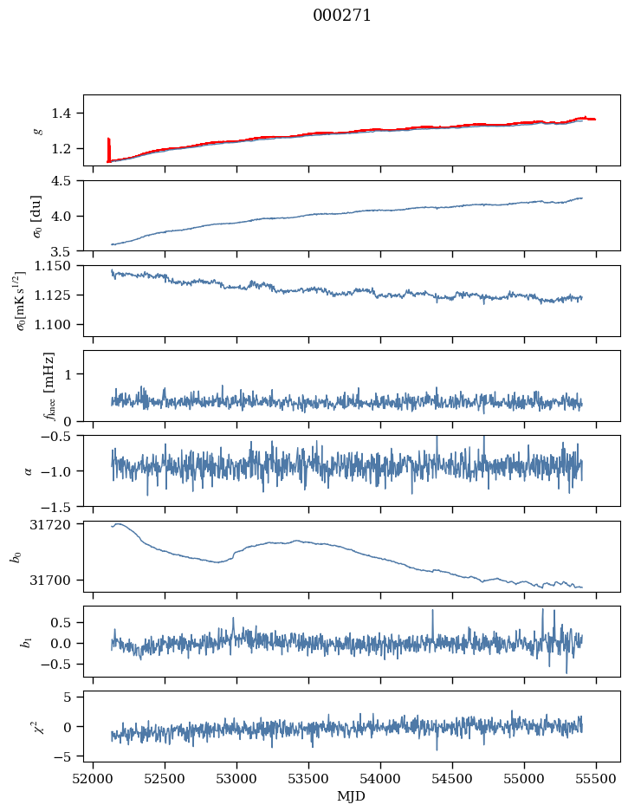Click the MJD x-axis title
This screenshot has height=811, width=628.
click(x=351, y=796)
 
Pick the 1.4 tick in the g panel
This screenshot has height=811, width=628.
click(x=66, y=114)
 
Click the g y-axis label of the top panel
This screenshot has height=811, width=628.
click(x=37, y=131)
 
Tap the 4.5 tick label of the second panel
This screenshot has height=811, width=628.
click(x=66, y=181)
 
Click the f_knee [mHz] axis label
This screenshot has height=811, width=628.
click(x=49, y=386)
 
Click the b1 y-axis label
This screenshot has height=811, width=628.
click(x=26, y=641)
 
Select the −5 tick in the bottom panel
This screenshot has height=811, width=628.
click(x=69, y=756)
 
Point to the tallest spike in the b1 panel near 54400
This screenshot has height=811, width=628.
click(x=432, y=611)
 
